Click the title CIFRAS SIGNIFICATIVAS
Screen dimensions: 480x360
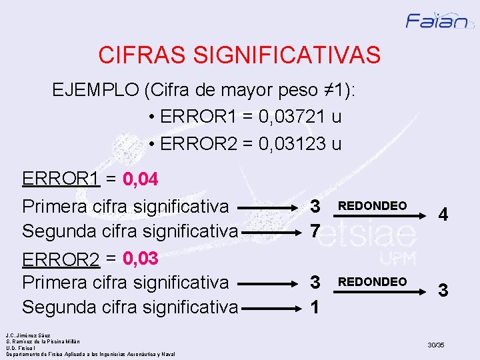(x=239, y=55)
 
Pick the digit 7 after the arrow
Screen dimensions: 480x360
(x=316, y=231)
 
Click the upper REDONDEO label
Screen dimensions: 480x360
(x=373, y=206)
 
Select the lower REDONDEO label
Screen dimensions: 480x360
(x=373, y=282)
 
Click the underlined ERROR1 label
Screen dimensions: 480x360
(x=61, y=180)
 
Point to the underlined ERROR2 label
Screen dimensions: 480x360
(x=61, y=257)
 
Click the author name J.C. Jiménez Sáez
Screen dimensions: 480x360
(x=28, y=335)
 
